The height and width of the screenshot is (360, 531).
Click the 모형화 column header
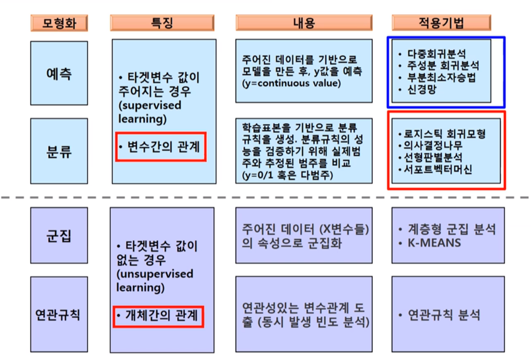pyautogui.click(x=58, y=23)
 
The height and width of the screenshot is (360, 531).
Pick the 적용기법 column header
pyautogui.click(x=441, y=23)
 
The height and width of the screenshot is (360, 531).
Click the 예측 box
pyautogui.click(x=59, y=73)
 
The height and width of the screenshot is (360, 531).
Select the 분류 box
pyautogui.click(x=59, y=152)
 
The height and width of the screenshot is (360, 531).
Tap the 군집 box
pyautogui.click(x=59, y=235)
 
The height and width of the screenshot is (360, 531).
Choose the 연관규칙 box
pyautogui.click(x=59, y=315)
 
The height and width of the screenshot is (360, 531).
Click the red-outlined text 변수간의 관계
pyautogui.click(x=160, y=147)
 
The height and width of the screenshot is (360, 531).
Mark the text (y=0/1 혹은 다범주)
pyautogui.click(x=288, y=175)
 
